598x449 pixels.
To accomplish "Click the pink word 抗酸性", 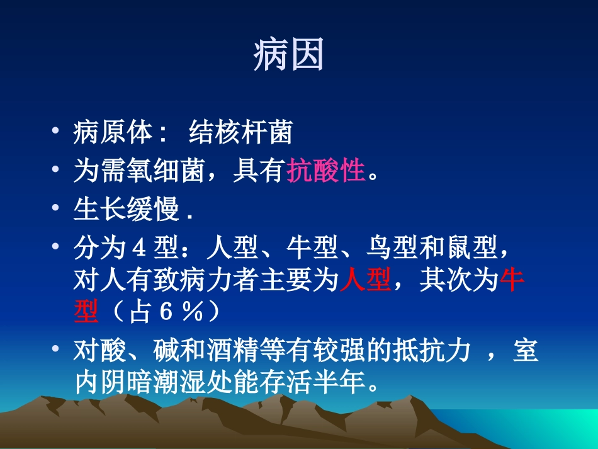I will [326, 171].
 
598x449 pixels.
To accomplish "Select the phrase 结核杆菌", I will [240, 133].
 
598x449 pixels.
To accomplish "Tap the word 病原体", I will [113, 133].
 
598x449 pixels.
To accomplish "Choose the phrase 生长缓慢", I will [127, 210].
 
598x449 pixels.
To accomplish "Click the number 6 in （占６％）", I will [164, 313].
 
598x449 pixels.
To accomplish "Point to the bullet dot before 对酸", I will [57, 350].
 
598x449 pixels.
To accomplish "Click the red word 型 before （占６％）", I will [86, 313].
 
